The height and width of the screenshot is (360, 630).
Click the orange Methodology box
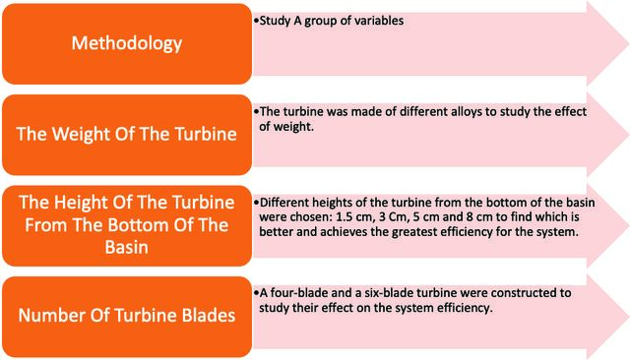[x=127, y=43]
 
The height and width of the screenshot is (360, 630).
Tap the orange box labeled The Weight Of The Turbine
[x=127, y=135]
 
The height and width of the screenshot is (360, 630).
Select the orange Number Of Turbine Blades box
[x=127, y=317]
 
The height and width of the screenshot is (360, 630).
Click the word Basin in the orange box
[x=127, y=247]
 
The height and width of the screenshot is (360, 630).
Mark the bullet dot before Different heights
[x=256, y=203]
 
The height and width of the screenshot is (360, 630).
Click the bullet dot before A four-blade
[x=256, y=293]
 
